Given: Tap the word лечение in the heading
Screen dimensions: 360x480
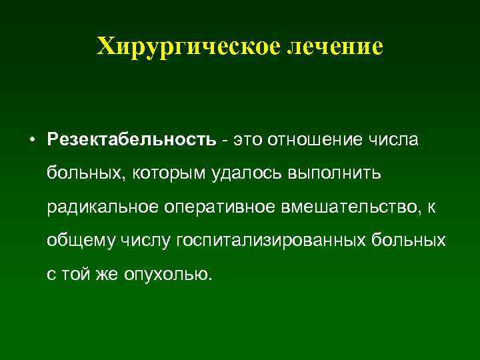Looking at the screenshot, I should coord(337,45).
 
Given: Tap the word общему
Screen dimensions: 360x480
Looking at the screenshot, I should coord(75,240).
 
